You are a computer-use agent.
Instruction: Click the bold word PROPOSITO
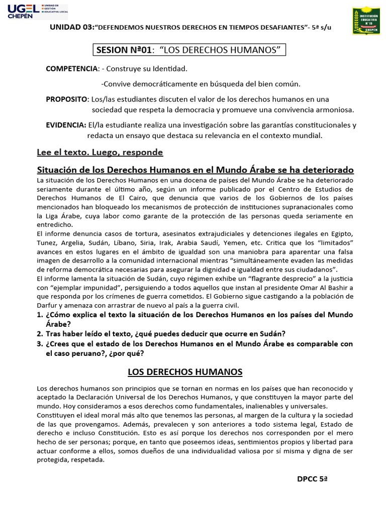pyautogui.click(x=67, y=99)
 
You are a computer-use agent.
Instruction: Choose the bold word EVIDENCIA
pyautogui.click(x=66, y=125)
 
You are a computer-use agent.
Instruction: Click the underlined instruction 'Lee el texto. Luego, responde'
pyautogui.click(x=100, y=152)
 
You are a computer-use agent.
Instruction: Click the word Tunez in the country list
pyautogui.click(x=48, y=243)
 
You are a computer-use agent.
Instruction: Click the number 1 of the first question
pyautogui.click(x=40, y=315)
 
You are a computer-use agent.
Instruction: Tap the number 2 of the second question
pyautogui.click(x=40, y=334)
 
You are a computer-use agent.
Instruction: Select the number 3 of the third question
pyautogui.click(x=40, y=344)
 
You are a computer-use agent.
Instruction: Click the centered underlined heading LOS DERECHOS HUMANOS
pyautogui.click(x=185, y=372)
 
